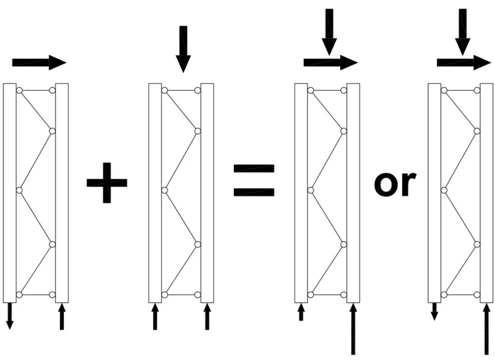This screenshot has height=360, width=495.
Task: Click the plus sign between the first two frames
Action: click(107, 183)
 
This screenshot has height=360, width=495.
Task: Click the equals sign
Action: click(254, 180)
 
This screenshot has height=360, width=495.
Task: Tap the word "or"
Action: click(395, 184)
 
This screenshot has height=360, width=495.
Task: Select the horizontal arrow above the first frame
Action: click(39, 62)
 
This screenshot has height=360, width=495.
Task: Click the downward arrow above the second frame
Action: click(183, 49)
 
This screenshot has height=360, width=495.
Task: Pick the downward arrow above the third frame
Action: click(329, 32)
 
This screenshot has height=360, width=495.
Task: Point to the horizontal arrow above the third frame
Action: click(331, 62)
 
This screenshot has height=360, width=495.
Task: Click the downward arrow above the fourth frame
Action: click(462, 32)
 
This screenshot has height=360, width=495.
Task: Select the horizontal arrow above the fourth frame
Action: click(464, 62)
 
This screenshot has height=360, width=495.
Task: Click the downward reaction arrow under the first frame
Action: click(10, 316)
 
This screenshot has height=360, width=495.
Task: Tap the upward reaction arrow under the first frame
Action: click(62, 316)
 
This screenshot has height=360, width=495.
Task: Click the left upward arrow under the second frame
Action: click(155, 316)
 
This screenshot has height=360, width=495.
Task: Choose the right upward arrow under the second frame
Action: click(207, 316)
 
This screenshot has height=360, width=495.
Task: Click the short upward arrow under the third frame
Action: click(301, 312)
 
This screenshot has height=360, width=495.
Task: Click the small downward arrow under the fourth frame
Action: click(435, 311)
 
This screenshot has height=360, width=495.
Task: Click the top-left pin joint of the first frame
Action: click(19, 91)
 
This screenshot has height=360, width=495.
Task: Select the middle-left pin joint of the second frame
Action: click(164, 191)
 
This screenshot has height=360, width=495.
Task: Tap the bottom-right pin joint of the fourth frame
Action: click(477, 295)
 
